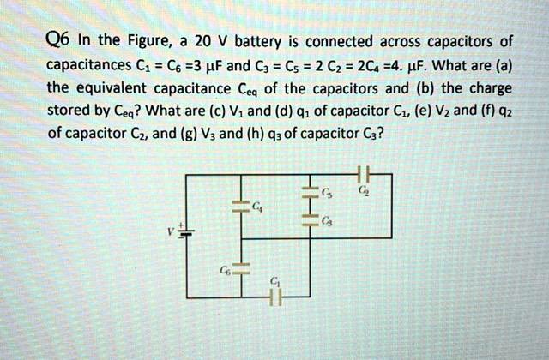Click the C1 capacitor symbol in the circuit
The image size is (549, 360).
[x=274, y=296]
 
